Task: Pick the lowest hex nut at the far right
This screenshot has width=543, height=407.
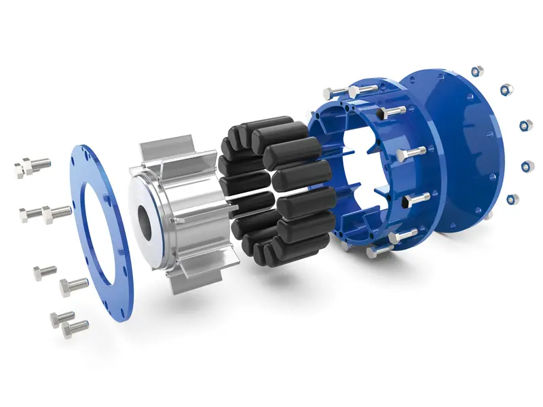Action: [513, 199]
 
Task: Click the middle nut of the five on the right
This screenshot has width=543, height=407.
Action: [527, 126]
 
